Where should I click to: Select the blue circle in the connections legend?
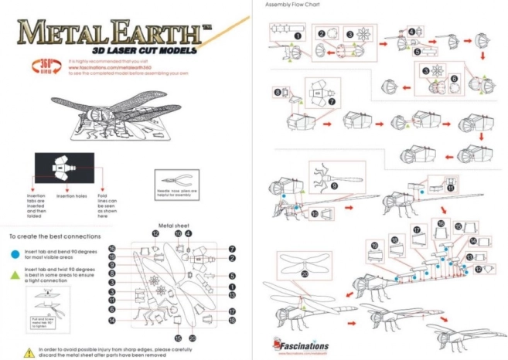[15, 253]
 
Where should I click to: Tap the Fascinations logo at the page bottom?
[301, 346]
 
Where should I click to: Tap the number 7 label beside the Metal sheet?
[231, 249]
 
